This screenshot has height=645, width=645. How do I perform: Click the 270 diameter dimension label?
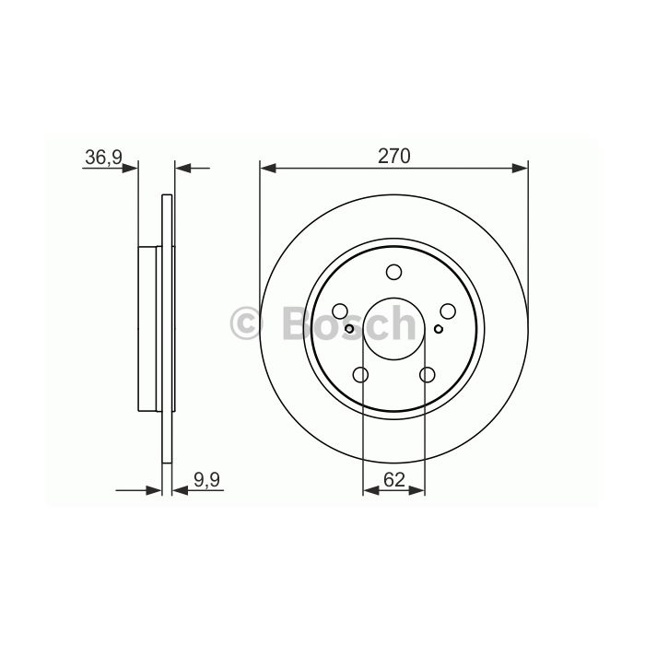(394, 157)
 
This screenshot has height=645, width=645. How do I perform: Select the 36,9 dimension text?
(103, 158)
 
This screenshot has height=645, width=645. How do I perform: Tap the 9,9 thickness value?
(207, 480)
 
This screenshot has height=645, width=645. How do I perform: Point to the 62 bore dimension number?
(394, 480)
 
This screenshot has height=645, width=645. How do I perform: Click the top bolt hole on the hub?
(394, 272)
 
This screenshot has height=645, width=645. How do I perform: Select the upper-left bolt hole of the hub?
(340, 311)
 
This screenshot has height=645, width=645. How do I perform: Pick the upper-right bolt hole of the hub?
(448, 311)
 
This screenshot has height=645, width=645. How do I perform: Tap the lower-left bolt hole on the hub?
(361, 375)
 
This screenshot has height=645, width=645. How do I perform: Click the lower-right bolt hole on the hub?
(428, 375)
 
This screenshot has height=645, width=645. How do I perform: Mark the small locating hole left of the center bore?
(349, 329)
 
